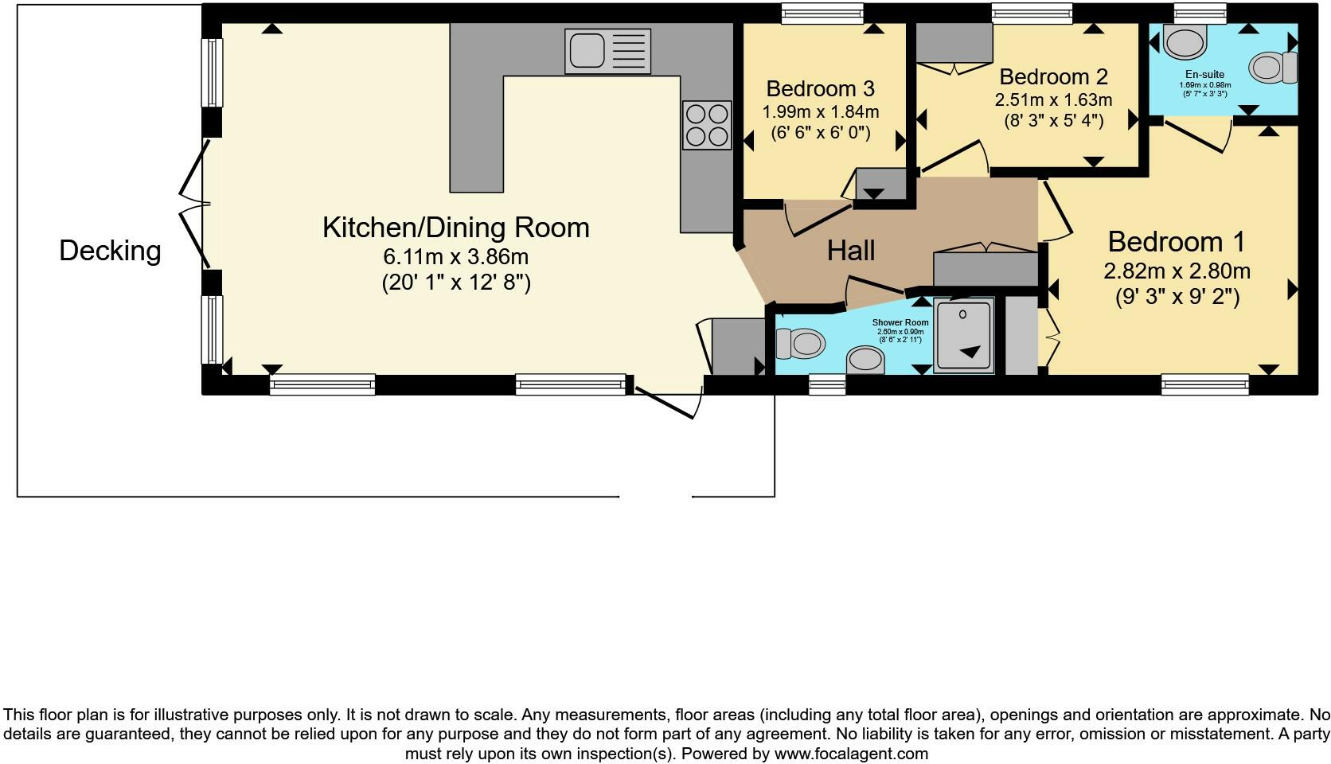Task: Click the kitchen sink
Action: pos(607,51)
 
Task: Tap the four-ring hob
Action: pos(706,125)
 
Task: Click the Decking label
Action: pos(110,251)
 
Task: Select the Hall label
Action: pos(851,251)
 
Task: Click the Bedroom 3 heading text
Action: pos(820,88)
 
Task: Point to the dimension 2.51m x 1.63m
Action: pos(1053,100)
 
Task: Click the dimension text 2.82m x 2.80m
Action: pos(1177,271)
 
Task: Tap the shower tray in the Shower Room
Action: pos(964,335)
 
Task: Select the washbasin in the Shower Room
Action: pos(865,361)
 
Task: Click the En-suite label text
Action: pos(1204,75)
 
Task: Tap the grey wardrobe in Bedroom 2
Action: pos(954,42)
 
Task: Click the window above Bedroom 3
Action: pos(822,13)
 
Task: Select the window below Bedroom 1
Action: pos(1204,386)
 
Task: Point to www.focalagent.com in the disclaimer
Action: pos(851,753)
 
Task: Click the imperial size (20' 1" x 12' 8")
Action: pos(455,283)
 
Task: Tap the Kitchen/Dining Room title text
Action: pos(455,228)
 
